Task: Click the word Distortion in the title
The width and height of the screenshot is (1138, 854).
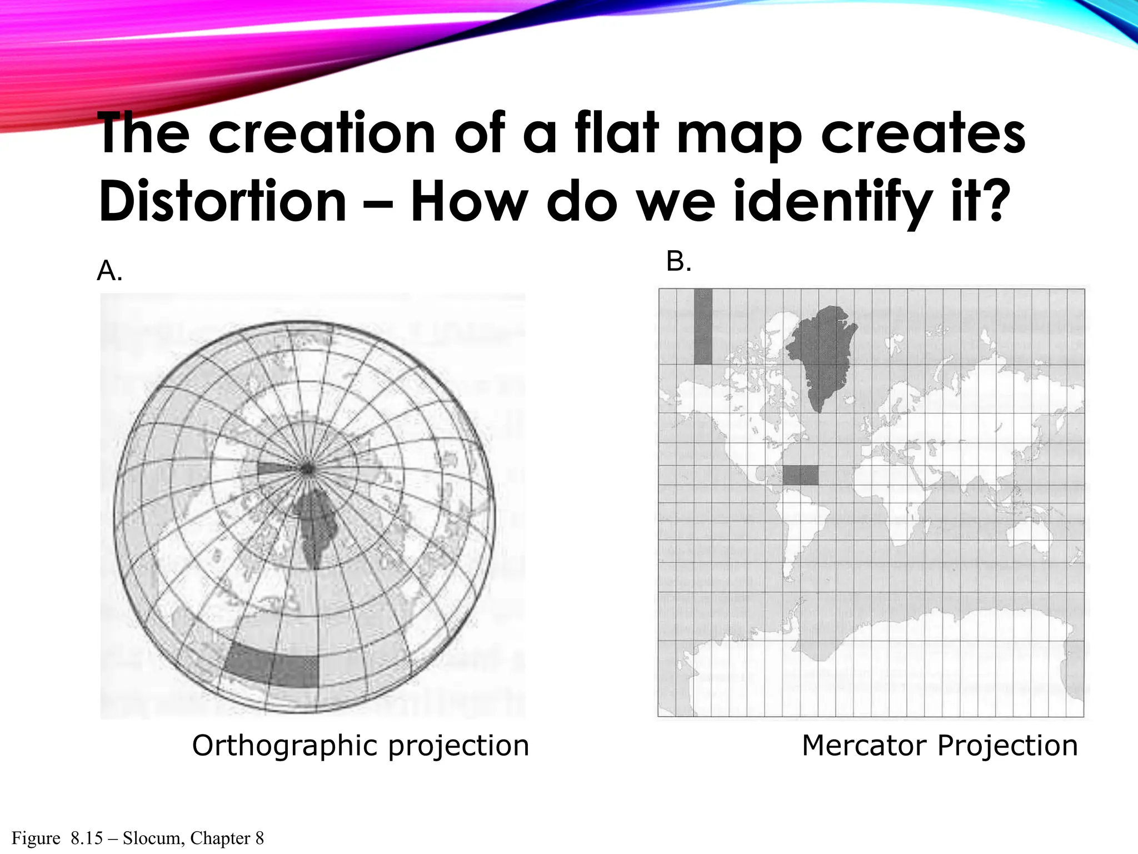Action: click(x=222, y=201)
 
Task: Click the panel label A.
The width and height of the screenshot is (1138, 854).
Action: click(x=109, y=271)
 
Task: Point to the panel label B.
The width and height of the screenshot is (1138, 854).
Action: click(x=678, y=261)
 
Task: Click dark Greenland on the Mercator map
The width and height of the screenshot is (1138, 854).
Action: click(x=822, y=356)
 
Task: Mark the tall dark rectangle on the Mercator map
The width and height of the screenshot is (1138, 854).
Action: click(x=703, y=326)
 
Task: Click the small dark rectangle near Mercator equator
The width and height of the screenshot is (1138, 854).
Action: click(x=800, y=475)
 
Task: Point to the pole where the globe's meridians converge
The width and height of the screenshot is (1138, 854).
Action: click(x=306, y=469)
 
